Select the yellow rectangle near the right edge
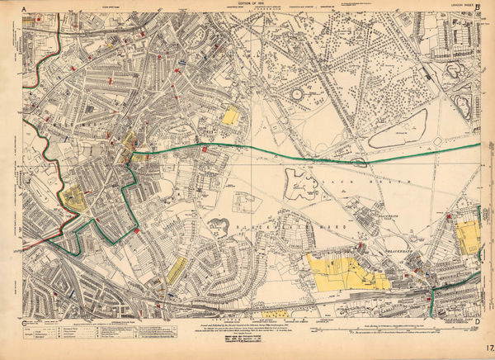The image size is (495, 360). pyautogui.click(x=468, y=237)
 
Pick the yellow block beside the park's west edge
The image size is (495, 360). pyautogui.click(x=231, y=116)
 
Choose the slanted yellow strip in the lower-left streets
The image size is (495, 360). pyautogui.click(x=177, y=268)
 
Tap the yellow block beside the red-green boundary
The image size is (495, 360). pyautogui.click(x=74, y=197)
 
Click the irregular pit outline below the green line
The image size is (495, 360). pyautogui.click(x=300, y=183)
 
